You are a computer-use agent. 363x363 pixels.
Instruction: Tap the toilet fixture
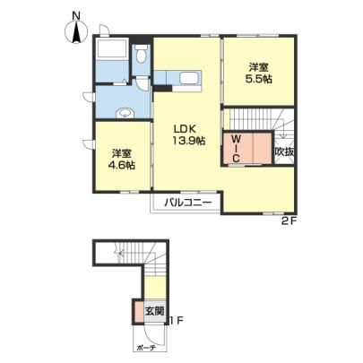[141, 54]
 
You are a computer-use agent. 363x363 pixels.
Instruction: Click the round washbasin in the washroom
[125, 113]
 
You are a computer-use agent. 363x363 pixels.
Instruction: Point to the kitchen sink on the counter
[189, 79]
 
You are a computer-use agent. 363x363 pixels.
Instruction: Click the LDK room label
[186, 129]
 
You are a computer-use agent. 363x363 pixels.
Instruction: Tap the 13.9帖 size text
[188, 141]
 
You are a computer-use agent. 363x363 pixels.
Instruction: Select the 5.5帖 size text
[259, 79]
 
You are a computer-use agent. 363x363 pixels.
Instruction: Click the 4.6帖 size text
[121, 165]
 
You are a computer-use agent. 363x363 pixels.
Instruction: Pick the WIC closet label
[236, 149]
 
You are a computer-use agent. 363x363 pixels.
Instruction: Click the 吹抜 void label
[284, 152]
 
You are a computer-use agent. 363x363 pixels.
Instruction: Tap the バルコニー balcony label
[188, 203]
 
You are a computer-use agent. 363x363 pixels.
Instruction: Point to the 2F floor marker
[289, 221]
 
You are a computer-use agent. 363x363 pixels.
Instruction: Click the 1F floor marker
[176, 321]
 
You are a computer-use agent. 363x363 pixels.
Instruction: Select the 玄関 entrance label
[155, 311]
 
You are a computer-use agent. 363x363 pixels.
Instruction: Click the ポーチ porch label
[147, 348]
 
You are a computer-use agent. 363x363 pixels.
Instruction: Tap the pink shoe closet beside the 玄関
[138, 312]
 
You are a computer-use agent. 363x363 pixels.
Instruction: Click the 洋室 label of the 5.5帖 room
[259, 67]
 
